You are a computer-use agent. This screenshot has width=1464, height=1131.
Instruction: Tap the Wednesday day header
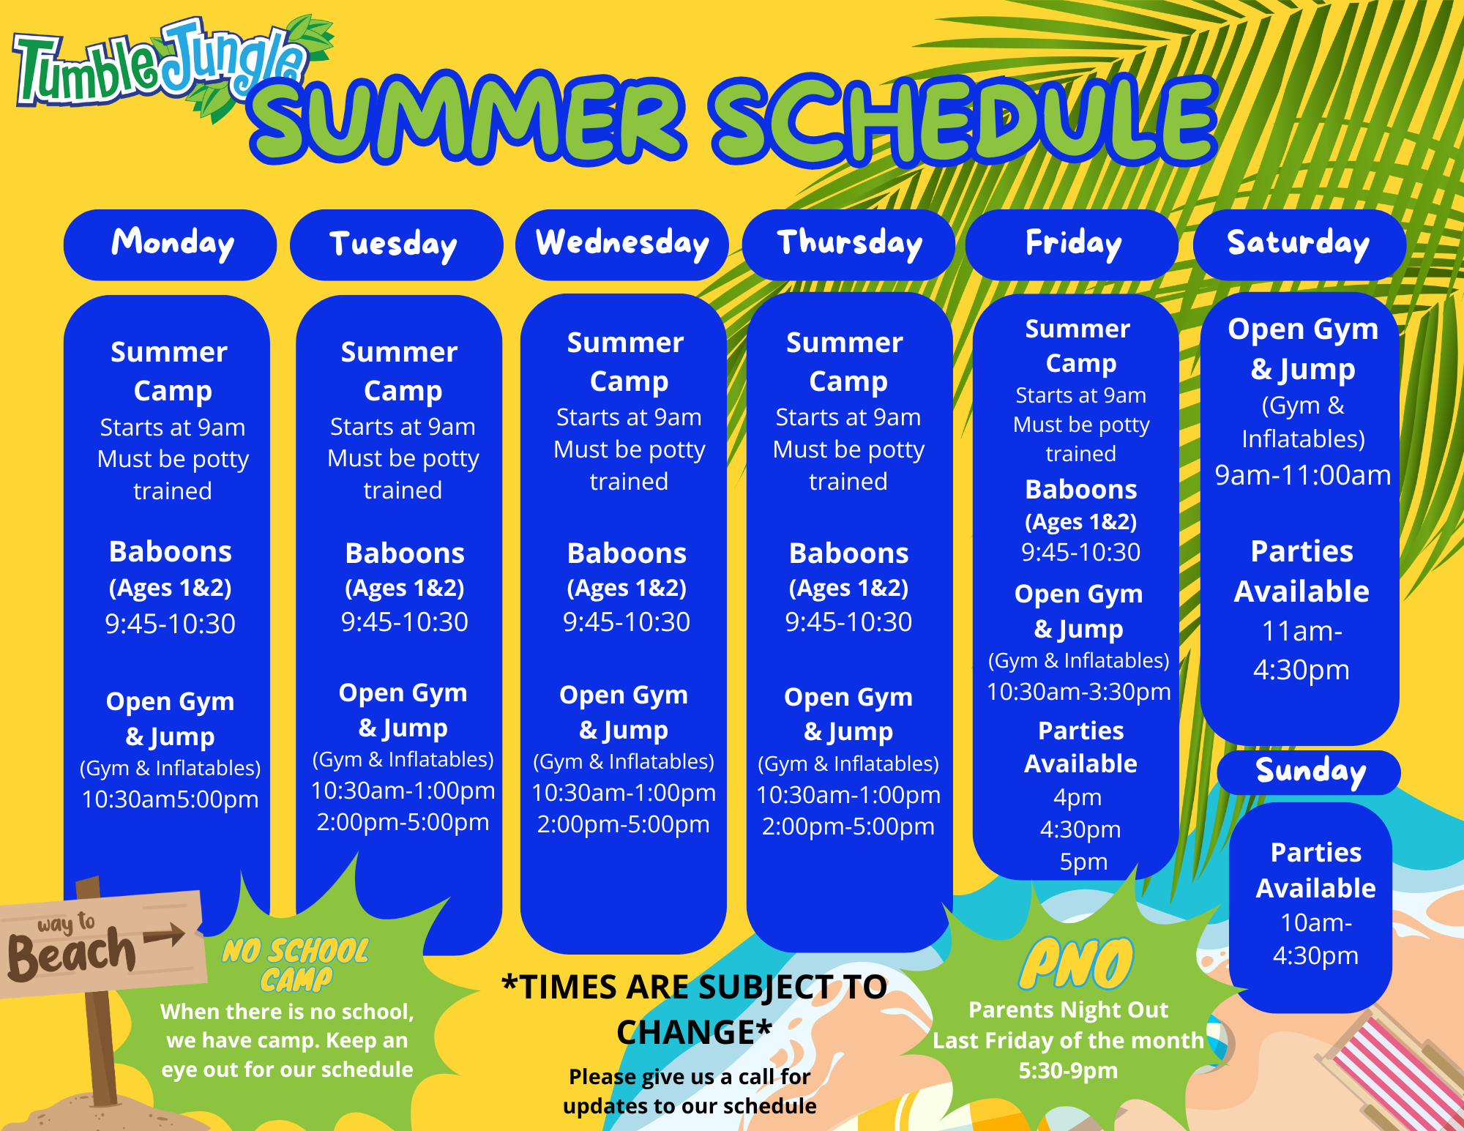pyautogui.click(x=622, y=244)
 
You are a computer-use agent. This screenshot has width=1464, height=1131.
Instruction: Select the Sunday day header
pyautogui.click(x=1310, y=772)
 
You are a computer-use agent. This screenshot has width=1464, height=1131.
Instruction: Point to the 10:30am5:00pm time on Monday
pyautogui.click(x=170, y=799)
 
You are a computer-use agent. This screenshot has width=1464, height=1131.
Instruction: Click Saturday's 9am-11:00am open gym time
pyautogui.click(x=1302, y=476)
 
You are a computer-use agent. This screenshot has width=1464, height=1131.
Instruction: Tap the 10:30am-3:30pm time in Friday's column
pyautogui.click(x=1078, y=692)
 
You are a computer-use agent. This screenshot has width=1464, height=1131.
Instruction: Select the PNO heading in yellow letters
pyautogui.click(x=1076, y=963)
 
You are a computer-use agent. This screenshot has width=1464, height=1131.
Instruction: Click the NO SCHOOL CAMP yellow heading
pyautogui.click(x=296, y=965)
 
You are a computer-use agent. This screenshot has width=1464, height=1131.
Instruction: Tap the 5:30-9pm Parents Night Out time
pyautogui.click(x=1068, y=1071)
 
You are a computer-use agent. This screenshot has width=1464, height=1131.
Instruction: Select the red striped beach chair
pyautogui.click(x=1383, y=1069)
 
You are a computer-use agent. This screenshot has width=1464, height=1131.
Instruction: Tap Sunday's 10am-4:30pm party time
pyautogui.click(x=1315, y=939)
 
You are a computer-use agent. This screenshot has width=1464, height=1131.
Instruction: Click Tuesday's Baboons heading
pyautogui.click(x=404, y=553)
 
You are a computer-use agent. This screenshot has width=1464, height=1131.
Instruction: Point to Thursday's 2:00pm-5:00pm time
pyautogui.click(x=848, y=827)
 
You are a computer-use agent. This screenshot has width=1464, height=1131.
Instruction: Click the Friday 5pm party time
pyautogui.click(x=1083, y=862)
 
